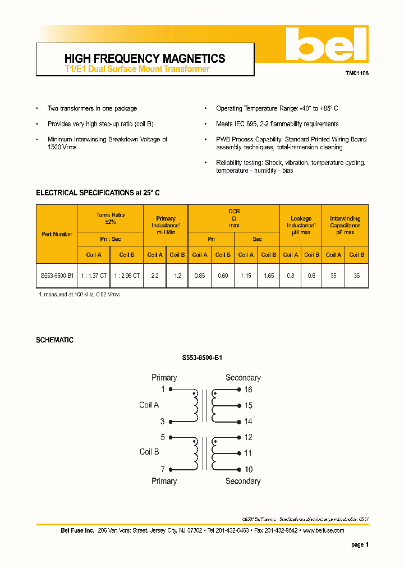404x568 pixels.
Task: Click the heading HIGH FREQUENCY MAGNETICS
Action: pos(145,58)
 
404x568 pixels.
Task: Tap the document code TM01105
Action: pos(357,74)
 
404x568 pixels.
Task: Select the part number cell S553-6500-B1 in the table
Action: pos(57,277)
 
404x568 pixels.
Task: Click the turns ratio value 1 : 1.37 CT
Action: pos(93,277)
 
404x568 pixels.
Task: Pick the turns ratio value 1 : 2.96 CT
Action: pos(127,277)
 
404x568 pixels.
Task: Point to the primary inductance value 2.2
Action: pos(155,277)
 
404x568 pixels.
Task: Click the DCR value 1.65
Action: pos(268,277)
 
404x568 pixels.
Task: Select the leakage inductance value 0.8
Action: pos(290,277)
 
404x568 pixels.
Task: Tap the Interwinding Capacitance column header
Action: pos(345,225)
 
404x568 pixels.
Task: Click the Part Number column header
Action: pos(57,234)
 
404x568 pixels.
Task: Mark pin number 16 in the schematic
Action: pos(248,390)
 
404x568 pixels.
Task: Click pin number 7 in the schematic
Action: pos(163,469)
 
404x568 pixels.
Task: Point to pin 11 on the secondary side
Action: pos(248,453)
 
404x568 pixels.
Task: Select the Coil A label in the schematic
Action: pos(149,405)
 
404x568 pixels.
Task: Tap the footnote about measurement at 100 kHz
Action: pos(79,294)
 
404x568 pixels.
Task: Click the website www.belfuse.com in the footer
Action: pos(324,530)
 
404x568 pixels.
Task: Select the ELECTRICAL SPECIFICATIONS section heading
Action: pos(98,193)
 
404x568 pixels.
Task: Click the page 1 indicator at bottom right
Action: pos(360,544)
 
